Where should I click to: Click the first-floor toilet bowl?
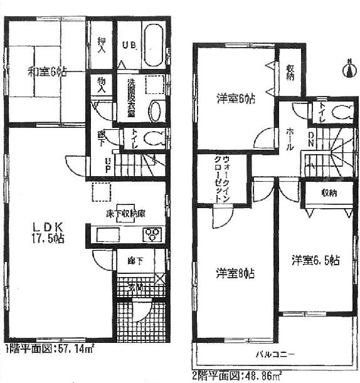(x=154, y=137)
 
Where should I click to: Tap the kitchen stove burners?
(x=154, y=234)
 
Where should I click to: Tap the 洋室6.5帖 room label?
(x=315, y=260)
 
